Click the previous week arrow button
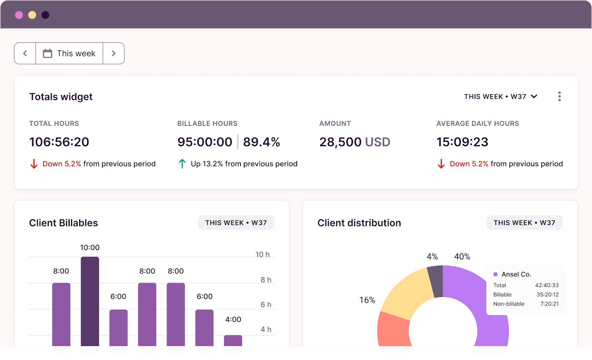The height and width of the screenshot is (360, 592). point(25,53)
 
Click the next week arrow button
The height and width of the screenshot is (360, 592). point(114,53)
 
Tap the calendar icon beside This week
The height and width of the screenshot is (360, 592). point(47,53)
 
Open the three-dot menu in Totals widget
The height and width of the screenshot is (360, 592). point(559,97)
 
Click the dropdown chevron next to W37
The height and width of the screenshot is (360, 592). point(534,97)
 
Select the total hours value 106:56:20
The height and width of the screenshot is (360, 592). point(59,142)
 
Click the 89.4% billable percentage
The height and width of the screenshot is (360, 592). point(261,142)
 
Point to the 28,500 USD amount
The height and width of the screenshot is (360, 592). point(354,142)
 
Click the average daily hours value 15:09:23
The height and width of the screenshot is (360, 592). point(462,142)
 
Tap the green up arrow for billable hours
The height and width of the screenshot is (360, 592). point(182,164)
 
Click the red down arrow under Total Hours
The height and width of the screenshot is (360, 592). point(34,164)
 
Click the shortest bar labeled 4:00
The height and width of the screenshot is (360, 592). point(233,341)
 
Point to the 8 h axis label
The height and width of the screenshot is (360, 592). point(266,280)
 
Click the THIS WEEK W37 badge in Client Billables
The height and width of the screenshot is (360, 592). point(236,223)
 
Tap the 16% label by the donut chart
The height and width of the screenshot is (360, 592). point(367,300)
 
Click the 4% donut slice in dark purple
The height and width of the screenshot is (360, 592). point(435,281)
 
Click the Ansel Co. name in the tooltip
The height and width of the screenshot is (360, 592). point(516,274)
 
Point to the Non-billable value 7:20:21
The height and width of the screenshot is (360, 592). point(549,304)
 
